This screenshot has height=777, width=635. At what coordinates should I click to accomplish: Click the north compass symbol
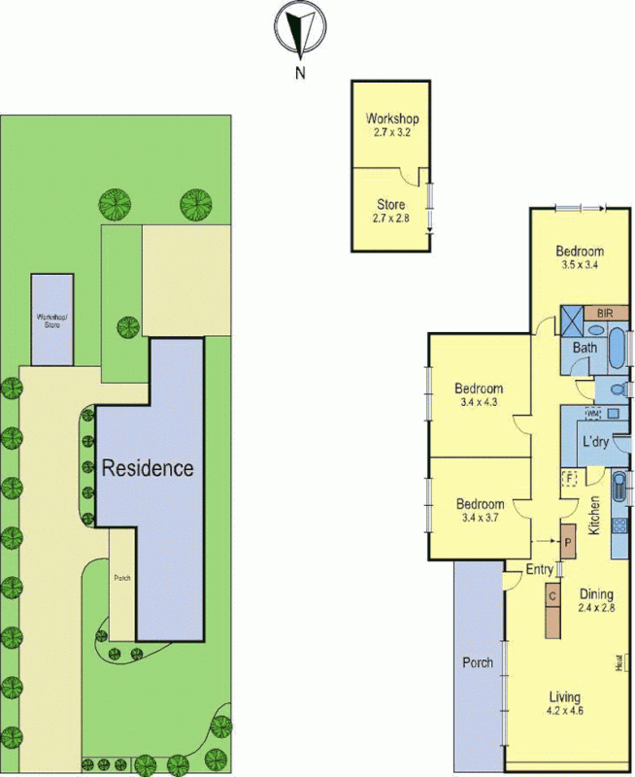coord(301,29)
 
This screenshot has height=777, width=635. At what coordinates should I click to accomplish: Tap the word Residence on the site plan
coord(149,468)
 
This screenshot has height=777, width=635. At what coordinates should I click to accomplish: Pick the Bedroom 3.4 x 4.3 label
coord(479,395)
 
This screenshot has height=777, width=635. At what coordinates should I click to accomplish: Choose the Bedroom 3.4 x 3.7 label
coord(480,511)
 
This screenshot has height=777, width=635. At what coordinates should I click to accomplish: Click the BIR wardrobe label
coord(605,314)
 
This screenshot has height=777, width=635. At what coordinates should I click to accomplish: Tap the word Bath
coord(585,347)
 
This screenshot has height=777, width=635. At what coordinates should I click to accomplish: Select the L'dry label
coord(595,443)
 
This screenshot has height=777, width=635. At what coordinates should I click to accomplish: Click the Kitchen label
coord(594,514)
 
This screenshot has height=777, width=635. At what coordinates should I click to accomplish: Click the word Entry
coord(540,569)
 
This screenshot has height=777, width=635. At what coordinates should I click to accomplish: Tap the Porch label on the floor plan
coord(478,663)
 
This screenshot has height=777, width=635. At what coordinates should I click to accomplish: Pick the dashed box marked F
coord(570,478)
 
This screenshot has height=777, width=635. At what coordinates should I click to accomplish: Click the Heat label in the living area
coord(618,664)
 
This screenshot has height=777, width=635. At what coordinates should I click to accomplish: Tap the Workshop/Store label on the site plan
coord(50,320)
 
